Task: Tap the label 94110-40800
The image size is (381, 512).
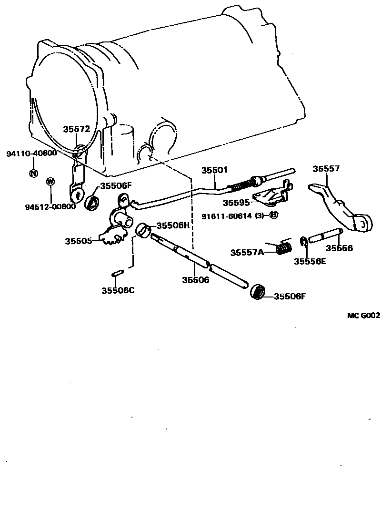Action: [31, 154]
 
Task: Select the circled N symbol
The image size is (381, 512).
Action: [33, 173]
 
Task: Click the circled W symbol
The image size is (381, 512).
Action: [50, 182]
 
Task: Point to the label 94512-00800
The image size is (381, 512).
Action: [50, 206]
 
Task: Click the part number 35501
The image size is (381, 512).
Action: [214, 170]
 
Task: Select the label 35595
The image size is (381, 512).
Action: [237, 203]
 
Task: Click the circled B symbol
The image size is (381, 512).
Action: [273, 215]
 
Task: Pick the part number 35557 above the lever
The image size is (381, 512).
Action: [326, 168]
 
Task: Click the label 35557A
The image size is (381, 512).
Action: [247, 253]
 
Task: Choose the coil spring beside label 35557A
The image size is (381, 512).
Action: [285, 248]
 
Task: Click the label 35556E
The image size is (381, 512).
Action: [310, 261]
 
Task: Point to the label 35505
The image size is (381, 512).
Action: [79, 241]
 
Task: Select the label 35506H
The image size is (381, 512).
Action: [173, 225]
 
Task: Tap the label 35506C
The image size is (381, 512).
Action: [118, 290]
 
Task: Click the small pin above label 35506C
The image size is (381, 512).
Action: [118, 273]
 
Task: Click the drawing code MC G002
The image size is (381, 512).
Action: [363, 315]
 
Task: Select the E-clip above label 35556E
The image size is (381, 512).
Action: [303, 242]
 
